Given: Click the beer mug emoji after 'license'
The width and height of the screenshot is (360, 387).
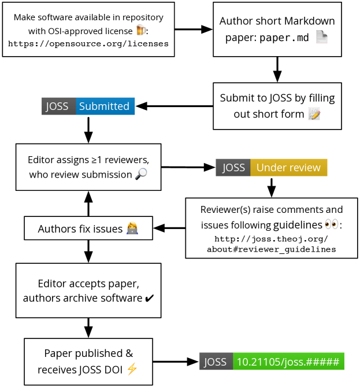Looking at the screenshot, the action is (x=141, y=30).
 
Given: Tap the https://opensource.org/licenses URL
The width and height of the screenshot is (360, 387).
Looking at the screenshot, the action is (x=88, y=44).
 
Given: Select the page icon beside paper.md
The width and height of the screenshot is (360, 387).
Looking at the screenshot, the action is (x=322, y=37).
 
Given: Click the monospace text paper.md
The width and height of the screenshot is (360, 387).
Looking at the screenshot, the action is (x=284, y=38).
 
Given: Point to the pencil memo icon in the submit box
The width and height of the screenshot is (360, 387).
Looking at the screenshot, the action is (x=314, y=114).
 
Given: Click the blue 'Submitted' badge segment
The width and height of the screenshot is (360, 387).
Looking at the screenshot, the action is (x=105, y=106).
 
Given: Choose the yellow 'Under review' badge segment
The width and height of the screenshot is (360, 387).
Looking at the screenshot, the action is (x=289, y=168).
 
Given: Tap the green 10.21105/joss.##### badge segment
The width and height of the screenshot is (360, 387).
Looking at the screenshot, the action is (x=288, y=361).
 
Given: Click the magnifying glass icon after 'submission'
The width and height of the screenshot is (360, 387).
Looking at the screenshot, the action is (x=142, y=174).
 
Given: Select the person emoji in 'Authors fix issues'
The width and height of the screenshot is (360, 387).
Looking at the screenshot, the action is (x=132, y=228).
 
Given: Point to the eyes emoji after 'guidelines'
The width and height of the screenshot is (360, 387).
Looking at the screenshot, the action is (x=332, y=224).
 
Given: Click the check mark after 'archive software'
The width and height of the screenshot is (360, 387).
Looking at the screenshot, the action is (x=150, y=298).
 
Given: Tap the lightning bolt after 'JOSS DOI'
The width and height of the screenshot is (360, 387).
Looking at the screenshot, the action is (x=132, y=369).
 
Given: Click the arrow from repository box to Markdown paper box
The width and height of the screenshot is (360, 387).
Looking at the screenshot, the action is (x=194, y=30).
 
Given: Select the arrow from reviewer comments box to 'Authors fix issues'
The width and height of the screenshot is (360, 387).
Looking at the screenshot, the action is (x=169, y=228).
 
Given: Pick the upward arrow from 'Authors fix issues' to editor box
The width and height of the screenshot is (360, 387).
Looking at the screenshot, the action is (x=88, y=204).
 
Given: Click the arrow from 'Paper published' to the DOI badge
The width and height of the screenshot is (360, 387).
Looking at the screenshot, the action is (x=176, y=362).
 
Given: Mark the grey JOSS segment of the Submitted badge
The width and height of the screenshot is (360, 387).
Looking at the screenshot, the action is (x=59, y=106).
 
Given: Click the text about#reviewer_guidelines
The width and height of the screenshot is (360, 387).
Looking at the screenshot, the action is (x=271, y=249).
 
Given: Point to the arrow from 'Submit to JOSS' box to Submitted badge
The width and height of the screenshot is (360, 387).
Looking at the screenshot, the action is (x=175, y=106).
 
